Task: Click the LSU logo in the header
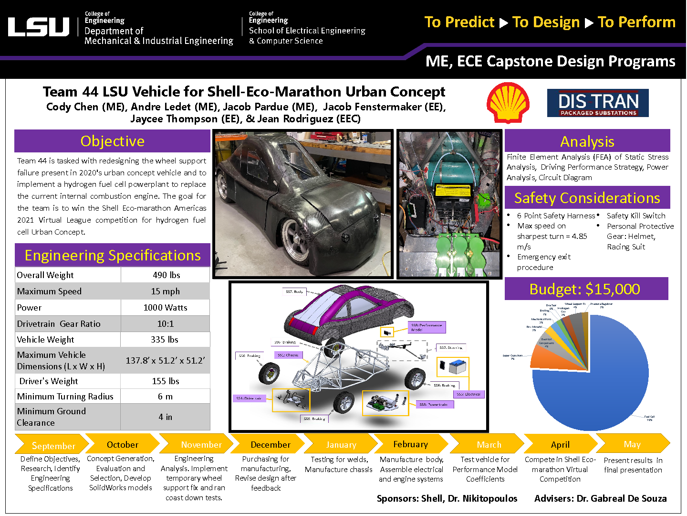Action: (x=39, y=27)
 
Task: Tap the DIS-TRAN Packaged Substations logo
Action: (x=598, y=103)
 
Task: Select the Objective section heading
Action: (x=112, y=141)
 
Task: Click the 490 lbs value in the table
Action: (x=166, y=275)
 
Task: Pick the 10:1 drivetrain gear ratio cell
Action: (x=165, y=324)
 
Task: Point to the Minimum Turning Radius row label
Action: (x=65, y=397)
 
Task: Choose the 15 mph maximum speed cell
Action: (x=165, y=291)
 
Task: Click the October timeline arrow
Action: (x=123, y=444)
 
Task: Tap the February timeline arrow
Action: (x=410, y=444)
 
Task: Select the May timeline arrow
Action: (x=632, y=444)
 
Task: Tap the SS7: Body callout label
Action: (x=294, y=291)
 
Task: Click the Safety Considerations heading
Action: (x=587, y=198)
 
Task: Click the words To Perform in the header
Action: (x=636, y=22)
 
